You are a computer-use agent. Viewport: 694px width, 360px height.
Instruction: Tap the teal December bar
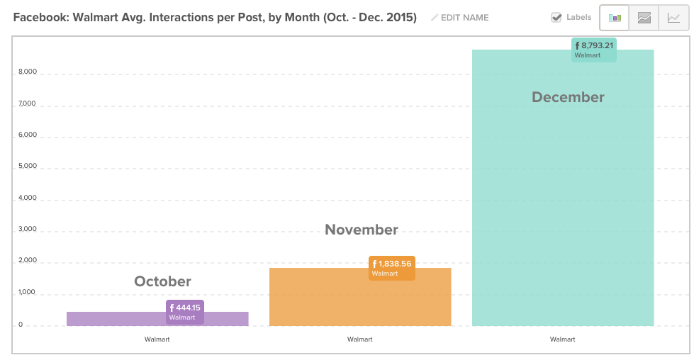point(563,188)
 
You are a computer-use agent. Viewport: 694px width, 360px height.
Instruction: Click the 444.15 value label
point(185,313)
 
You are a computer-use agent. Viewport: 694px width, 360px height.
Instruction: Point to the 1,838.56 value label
point(392,268)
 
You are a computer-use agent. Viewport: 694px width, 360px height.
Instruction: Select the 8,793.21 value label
point(593,50)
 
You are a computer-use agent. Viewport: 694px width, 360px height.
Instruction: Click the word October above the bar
point(163,281)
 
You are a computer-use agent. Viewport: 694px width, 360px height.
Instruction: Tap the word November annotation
point(362,230)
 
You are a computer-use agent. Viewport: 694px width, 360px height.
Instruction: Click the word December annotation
point(568,97)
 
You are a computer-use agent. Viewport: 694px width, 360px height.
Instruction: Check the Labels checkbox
point(556,17)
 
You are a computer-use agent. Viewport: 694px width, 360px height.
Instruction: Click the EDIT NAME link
point(460,18)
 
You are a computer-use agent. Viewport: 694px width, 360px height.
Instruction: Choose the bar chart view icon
point(615,18)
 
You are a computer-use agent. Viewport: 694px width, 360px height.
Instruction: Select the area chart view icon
point(644,18)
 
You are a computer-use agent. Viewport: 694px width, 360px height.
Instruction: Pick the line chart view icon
point(673,18)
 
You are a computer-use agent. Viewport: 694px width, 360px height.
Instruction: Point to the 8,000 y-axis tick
point(28,72)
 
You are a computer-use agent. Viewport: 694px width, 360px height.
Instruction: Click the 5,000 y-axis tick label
point(28,167)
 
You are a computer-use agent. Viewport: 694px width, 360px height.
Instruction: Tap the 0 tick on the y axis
point(21,325)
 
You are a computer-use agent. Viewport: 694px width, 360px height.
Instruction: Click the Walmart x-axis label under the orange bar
point(360,339)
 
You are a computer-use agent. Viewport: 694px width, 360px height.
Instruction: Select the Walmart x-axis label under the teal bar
point(563,339)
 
